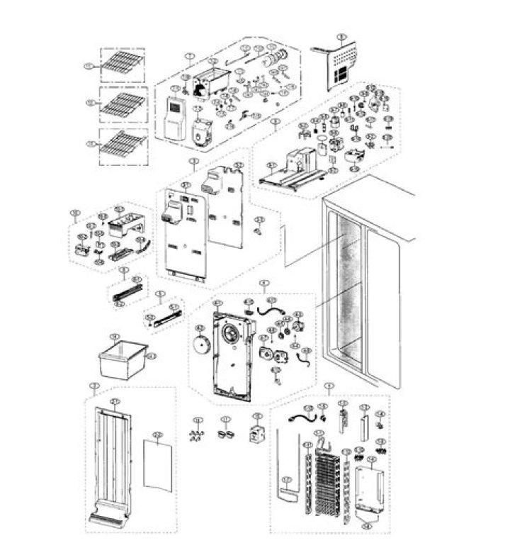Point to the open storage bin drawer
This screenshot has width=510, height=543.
[125, 359]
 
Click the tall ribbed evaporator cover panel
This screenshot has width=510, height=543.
[112, 461]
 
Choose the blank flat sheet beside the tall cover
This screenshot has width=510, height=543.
[158, 462]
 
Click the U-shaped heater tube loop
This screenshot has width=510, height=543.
[289, 468]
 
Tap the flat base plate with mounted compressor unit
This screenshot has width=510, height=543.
[290, 179]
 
